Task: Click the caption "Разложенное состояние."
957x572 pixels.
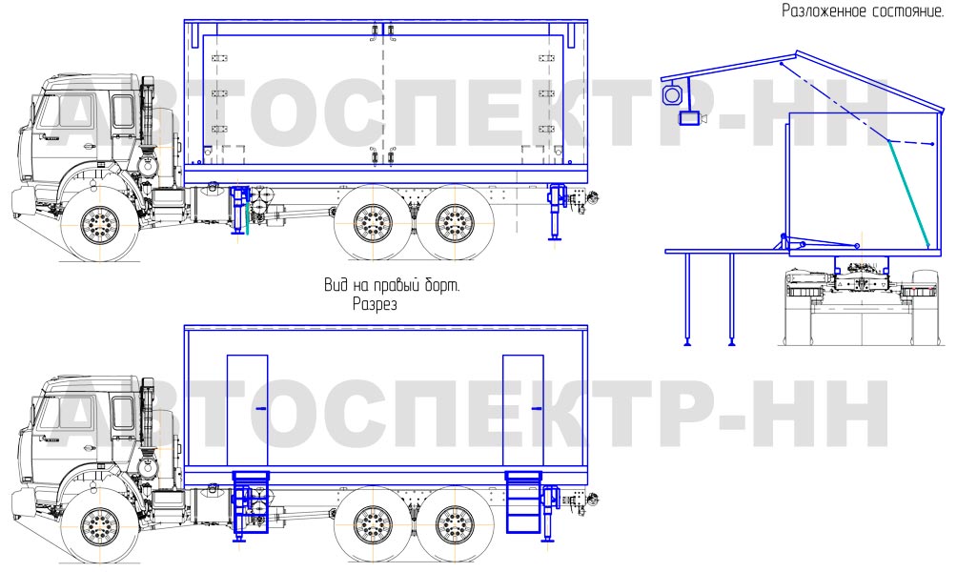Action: point(863,11)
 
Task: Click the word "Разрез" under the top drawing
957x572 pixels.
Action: point(375,304)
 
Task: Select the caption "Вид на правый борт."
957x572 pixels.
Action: point(392,285)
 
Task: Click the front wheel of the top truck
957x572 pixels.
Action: point(99,224)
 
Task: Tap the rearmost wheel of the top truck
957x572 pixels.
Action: point(456,223)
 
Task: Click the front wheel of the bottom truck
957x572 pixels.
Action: point(99,525)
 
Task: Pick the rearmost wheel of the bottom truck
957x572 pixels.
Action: point(456,524)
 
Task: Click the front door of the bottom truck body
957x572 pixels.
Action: point(247,410)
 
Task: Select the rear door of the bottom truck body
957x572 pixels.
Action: point(523,410)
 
